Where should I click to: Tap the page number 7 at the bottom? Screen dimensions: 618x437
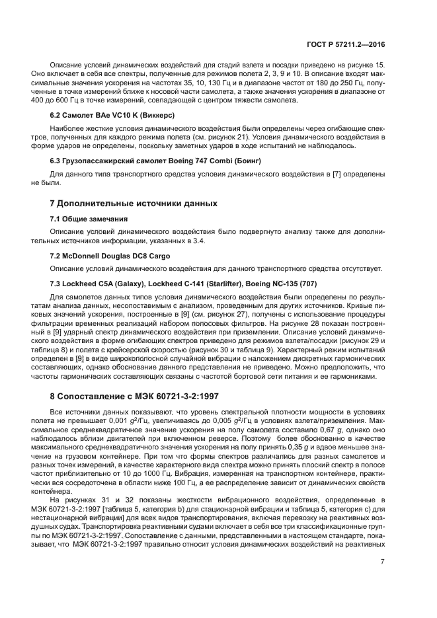point(383,562)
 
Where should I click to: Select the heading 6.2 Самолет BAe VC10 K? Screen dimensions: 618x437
point(99,115)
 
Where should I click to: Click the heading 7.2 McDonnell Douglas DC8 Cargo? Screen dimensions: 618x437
point(110,255)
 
